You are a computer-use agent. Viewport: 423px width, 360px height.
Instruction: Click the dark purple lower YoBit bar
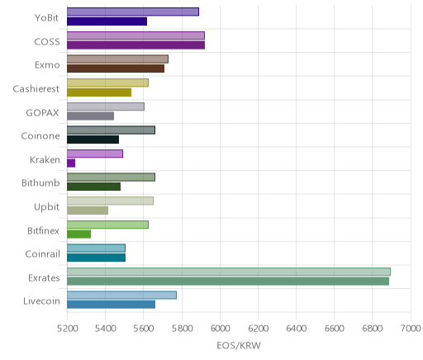[x=107, y=21]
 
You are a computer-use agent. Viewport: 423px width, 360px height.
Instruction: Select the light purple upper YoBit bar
[x=133, y=12]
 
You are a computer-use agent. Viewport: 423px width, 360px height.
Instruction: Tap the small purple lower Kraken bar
[x=71, y=163]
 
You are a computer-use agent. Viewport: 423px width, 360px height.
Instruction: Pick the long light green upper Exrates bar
[x=229, y=272]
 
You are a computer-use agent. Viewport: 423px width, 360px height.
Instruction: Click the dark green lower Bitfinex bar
[x=78, y=234]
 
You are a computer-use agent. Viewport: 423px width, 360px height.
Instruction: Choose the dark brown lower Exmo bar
[x=116, y=69]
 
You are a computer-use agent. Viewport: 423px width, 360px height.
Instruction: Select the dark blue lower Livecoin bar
[x=111, y=305]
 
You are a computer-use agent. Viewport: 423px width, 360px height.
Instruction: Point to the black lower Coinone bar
[x=93, y=140]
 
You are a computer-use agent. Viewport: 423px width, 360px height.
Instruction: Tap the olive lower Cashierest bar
[x=99, y=92]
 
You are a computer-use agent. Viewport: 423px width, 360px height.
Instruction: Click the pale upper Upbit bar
[x=110, y=201]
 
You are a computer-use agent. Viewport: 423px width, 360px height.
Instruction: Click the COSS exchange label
[x=47, y=42]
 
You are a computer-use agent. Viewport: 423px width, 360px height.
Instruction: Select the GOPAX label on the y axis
[x=42, y=112]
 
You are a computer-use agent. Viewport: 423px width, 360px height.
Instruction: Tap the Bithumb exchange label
[x=40, y=182]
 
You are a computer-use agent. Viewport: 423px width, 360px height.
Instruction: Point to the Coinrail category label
[x=42, y=253]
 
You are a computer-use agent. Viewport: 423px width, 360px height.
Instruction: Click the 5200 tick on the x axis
[x=68, y=329]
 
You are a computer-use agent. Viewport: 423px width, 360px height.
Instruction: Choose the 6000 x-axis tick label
[x=221, y=329]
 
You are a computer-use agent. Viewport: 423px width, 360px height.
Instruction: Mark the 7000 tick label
[x=411, y=329]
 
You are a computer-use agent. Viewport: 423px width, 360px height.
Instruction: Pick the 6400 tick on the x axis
[x=297, y=329]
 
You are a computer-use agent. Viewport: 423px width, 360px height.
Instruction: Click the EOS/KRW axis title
[x=239, y=345]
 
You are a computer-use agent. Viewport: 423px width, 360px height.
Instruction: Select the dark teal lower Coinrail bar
[x=96, y=258]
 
